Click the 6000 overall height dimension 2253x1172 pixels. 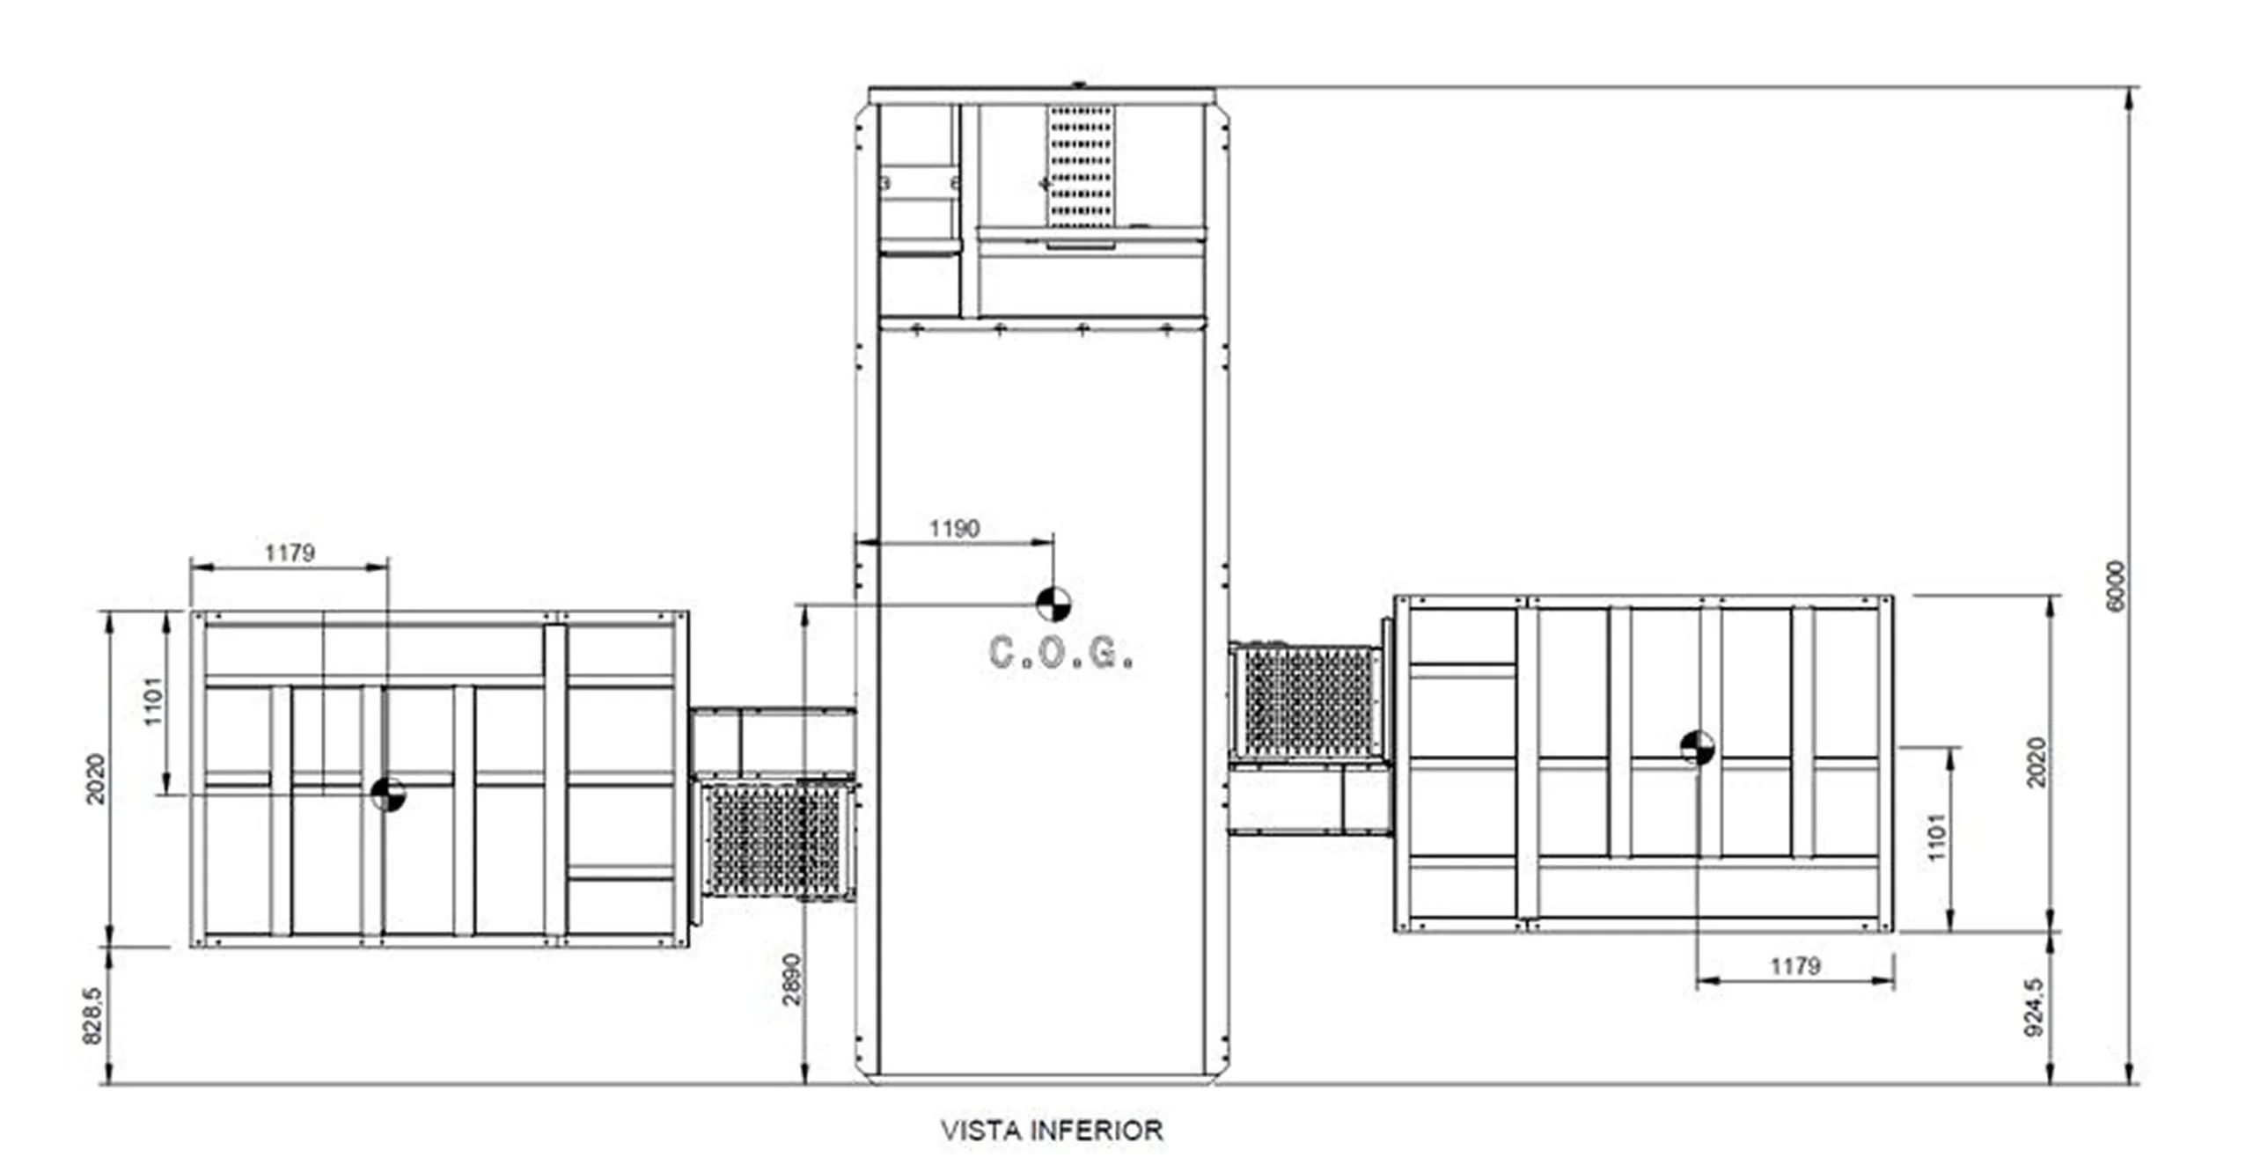pos(2117,586)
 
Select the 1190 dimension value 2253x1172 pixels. pos(954,529)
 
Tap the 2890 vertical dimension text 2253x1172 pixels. pos(792,978)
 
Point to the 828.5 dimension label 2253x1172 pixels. pos(92,1015)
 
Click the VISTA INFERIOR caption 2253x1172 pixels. pos(1052,1131)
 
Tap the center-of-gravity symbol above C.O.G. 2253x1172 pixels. pos(1053,604)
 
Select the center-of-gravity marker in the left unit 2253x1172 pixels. pos(387,795)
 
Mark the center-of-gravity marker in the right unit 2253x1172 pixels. pos(1697,747)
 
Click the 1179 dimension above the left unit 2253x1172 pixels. pos(290,553)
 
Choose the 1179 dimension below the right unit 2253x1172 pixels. pos(1794,966)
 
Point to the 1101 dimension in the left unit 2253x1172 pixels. pos(154,701)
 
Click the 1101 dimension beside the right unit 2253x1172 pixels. pos(1938,838)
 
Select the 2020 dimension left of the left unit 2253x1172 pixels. pos(95,779)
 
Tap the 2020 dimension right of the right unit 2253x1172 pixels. pos(2037,762)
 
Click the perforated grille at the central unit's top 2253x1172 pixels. pos(1081,166)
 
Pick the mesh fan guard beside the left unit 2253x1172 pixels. pos(774,841)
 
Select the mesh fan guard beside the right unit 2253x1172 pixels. pos(1310,701)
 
